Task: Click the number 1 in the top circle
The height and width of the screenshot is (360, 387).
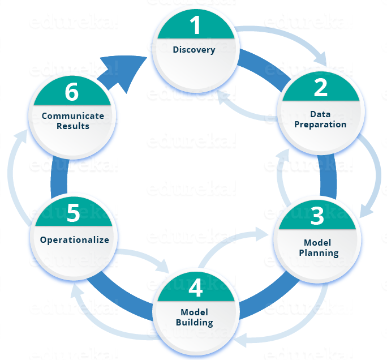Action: coord(195,25)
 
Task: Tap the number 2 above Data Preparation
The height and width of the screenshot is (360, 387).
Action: coord(320,87)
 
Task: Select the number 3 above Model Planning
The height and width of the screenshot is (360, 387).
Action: coord(317,216)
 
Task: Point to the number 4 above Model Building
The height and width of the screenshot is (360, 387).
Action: coord(195,288)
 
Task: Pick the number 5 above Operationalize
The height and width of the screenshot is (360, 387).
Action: coord(73,213)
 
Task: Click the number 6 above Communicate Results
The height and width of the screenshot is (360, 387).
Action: coord(72,92)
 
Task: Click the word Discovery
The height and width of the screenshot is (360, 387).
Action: coord(194,50)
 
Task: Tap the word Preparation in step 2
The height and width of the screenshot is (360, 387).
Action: coord(320,124)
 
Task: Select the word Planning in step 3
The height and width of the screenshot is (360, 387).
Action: coord(319,252)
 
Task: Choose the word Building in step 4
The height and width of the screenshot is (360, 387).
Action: coord(194,323)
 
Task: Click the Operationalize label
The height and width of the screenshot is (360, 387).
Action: coord(74,239)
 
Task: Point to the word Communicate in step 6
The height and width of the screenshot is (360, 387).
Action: coord(73,116)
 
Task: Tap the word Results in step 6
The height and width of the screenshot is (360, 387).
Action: coord(73,126)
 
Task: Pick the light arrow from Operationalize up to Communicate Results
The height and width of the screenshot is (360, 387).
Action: coord(12,170)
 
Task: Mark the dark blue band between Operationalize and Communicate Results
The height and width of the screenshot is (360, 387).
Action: coord(59,175)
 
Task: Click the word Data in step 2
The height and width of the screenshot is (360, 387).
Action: coord(320,114)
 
